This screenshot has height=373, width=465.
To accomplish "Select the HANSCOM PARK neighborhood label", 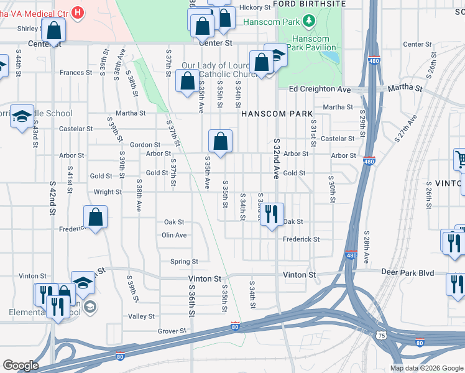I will click(267, 114).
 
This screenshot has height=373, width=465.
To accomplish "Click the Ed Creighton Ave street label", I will click(320, 89).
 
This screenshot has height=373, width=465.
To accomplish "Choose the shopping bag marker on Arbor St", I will click(220, 141).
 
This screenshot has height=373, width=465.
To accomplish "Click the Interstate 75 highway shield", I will click(380, 334).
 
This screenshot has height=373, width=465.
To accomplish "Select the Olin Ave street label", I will click(174, 235).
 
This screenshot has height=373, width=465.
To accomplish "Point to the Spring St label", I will click(185, 262).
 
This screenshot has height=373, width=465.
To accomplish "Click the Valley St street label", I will click(141, 316).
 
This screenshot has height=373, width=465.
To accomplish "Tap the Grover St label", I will click(172, 331).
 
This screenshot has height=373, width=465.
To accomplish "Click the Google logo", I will click(21, 366).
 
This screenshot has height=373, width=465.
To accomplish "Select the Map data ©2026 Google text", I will click(426, 368).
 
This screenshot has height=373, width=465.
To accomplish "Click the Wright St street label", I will click(108, 193).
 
